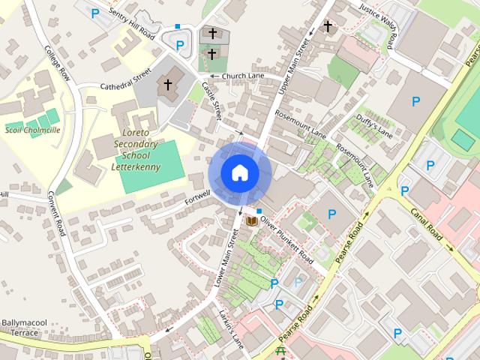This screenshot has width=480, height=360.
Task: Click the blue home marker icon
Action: (x=240, y=173)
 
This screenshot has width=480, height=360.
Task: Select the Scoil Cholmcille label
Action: (x=32, y=130)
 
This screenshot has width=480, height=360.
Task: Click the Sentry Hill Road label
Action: (x=131, y=25)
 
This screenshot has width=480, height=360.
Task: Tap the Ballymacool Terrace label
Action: (x=24, y=328)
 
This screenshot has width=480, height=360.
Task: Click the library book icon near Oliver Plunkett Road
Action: (x=252, y=222)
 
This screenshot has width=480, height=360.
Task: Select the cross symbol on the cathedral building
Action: (x=168, y=84)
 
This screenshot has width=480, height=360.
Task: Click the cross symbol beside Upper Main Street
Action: (x=327, y=26)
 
